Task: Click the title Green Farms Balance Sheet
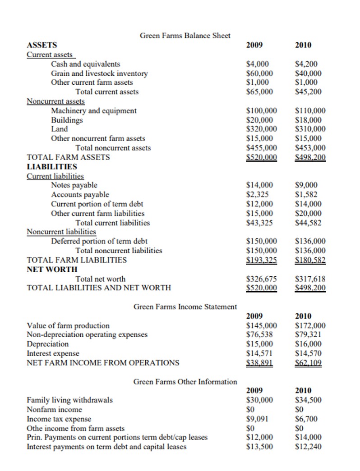click(185, 36)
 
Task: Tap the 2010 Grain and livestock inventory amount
click(308, 73)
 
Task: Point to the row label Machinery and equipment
click(94, 111)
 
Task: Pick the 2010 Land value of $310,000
click(310, 129)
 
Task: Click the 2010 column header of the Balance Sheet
click(303, 45)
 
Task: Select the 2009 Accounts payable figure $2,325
click(258, 195)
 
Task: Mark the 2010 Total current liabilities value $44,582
click(308, 223)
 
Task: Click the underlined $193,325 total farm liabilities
click(261, 260)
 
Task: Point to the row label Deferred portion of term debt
click(99, 241)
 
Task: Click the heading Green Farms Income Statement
click(185, 307)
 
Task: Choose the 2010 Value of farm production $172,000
click(310, 325)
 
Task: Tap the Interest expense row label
click(53, 353)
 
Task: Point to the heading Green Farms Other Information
click(185, 382)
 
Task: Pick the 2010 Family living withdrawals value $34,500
click(308, 400)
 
